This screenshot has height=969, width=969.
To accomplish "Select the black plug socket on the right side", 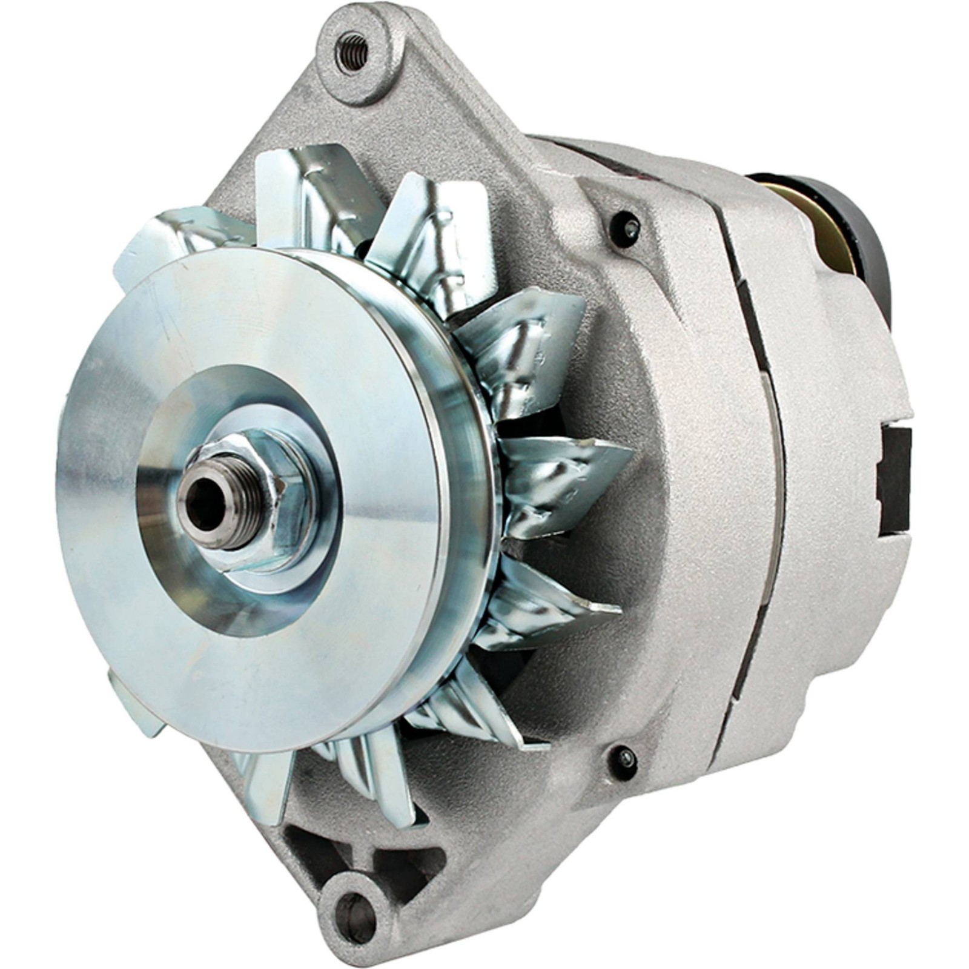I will (893, 478).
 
